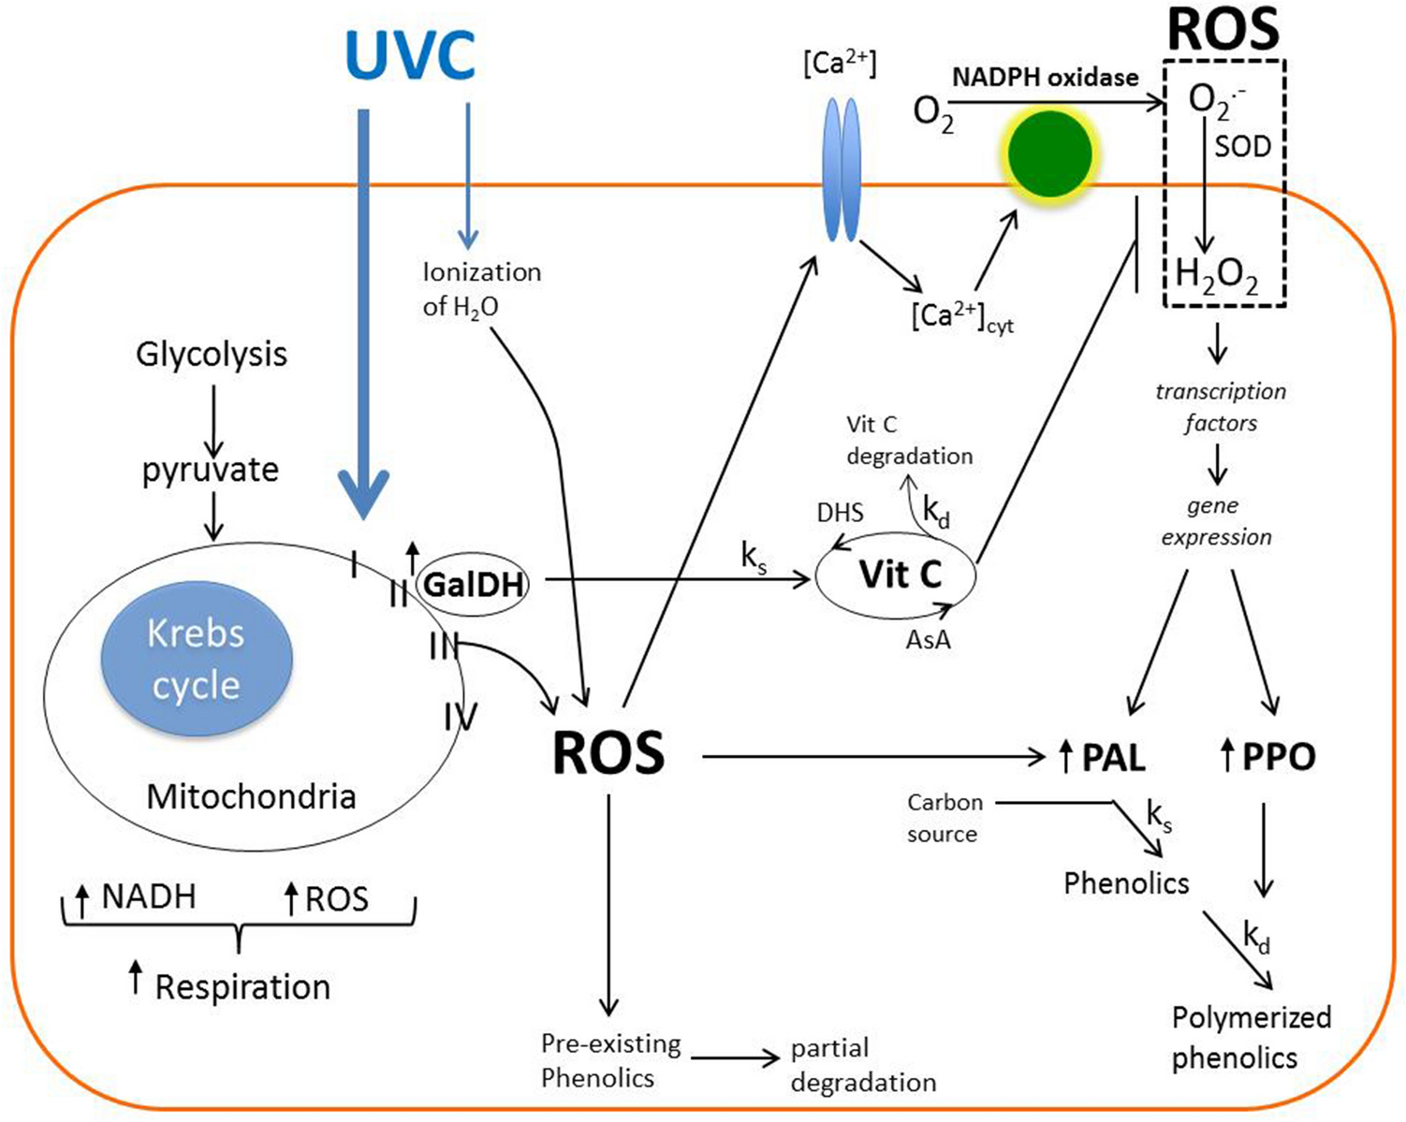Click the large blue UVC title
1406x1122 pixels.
click(410, 54)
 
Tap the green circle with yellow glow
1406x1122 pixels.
click(1049, 153)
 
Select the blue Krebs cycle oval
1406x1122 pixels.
click(197, 659)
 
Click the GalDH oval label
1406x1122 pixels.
click(473, 585)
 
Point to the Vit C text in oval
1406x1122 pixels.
click(900, 575)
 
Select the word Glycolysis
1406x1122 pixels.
click(212, 355)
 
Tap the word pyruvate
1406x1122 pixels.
click(211, 470)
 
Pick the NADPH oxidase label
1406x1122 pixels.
click(1045, 78)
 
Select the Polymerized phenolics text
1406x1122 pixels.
click(1251, 1037)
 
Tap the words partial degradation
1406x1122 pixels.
click(862, 1065)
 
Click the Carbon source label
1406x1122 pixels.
click(944, 818)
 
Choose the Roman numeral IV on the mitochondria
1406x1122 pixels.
click(460, 719)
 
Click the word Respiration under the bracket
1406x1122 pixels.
click(242, 987)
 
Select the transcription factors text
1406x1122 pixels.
click(1220, 407)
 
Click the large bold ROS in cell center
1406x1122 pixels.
click(608, 752)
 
